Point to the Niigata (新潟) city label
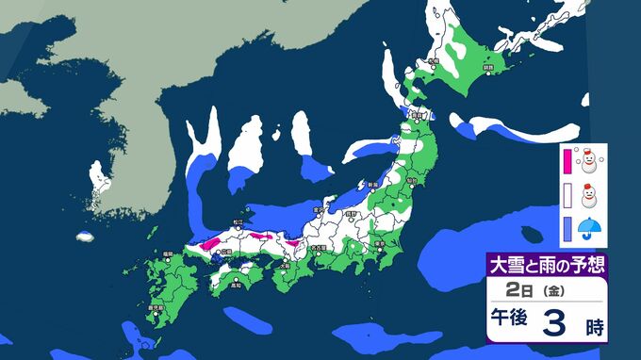click(372, 184)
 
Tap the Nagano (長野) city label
click(352, 215)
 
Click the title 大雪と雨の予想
click(546, 264)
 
